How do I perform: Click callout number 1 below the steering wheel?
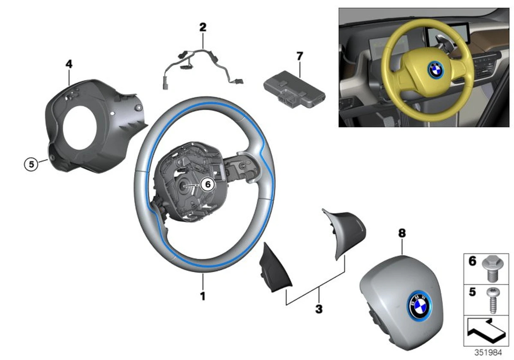coord(203,296)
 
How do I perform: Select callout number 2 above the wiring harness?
coord(203,27)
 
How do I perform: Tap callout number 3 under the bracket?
coord(318,309)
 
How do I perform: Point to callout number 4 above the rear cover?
coord(69,64)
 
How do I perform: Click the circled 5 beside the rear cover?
coord(30,163)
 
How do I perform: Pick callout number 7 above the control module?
coord(299,56)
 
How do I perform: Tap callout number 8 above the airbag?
coord(401,234)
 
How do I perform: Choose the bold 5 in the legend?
coord(472,292)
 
